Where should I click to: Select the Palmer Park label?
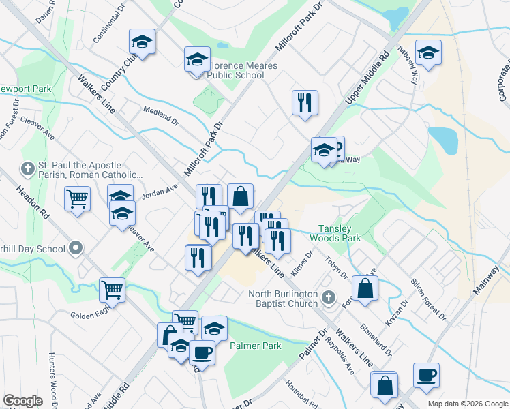[255, 346]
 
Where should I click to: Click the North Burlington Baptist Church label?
[284, 299]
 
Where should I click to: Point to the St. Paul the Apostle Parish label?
[80, 170]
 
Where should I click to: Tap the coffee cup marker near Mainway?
[426, 375]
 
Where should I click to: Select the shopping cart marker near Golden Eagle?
[112, 289]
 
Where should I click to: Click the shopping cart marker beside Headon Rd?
[78, 199]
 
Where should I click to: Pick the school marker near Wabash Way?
[428, 52]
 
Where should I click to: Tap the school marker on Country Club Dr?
[142, 43]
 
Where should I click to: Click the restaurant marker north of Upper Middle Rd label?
[305, 103]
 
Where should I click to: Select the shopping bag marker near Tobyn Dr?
[365, 287]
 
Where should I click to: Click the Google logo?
[22, 401]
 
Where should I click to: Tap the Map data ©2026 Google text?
[467, 403]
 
